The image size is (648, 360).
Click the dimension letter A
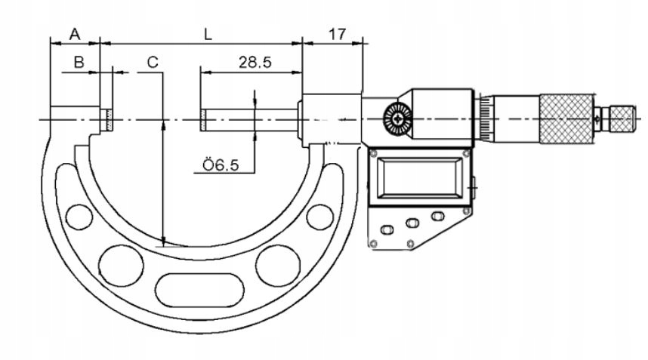[x=74, y=34]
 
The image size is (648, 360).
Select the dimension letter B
[x=78, y=62]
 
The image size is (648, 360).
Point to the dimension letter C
[x=153, y=62]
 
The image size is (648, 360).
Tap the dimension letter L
[x=208, y=34]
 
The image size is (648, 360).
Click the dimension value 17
[x=337, y=34]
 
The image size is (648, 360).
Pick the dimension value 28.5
[x=255, y=63]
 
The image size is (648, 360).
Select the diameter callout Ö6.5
[x=221, y=165]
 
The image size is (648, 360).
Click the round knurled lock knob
[x=396, y=119]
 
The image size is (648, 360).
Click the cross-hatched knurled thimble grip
[x=566, y=118]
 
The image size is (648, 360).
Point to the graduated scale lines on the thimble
[x=483, y=118]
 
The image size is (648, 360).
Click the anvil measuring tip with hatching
[x=108, y=119]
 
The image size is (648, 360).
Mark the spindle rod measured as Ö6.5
[x=249, y=119]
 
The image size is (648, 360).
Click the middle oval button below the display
[x=412, y=223]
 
